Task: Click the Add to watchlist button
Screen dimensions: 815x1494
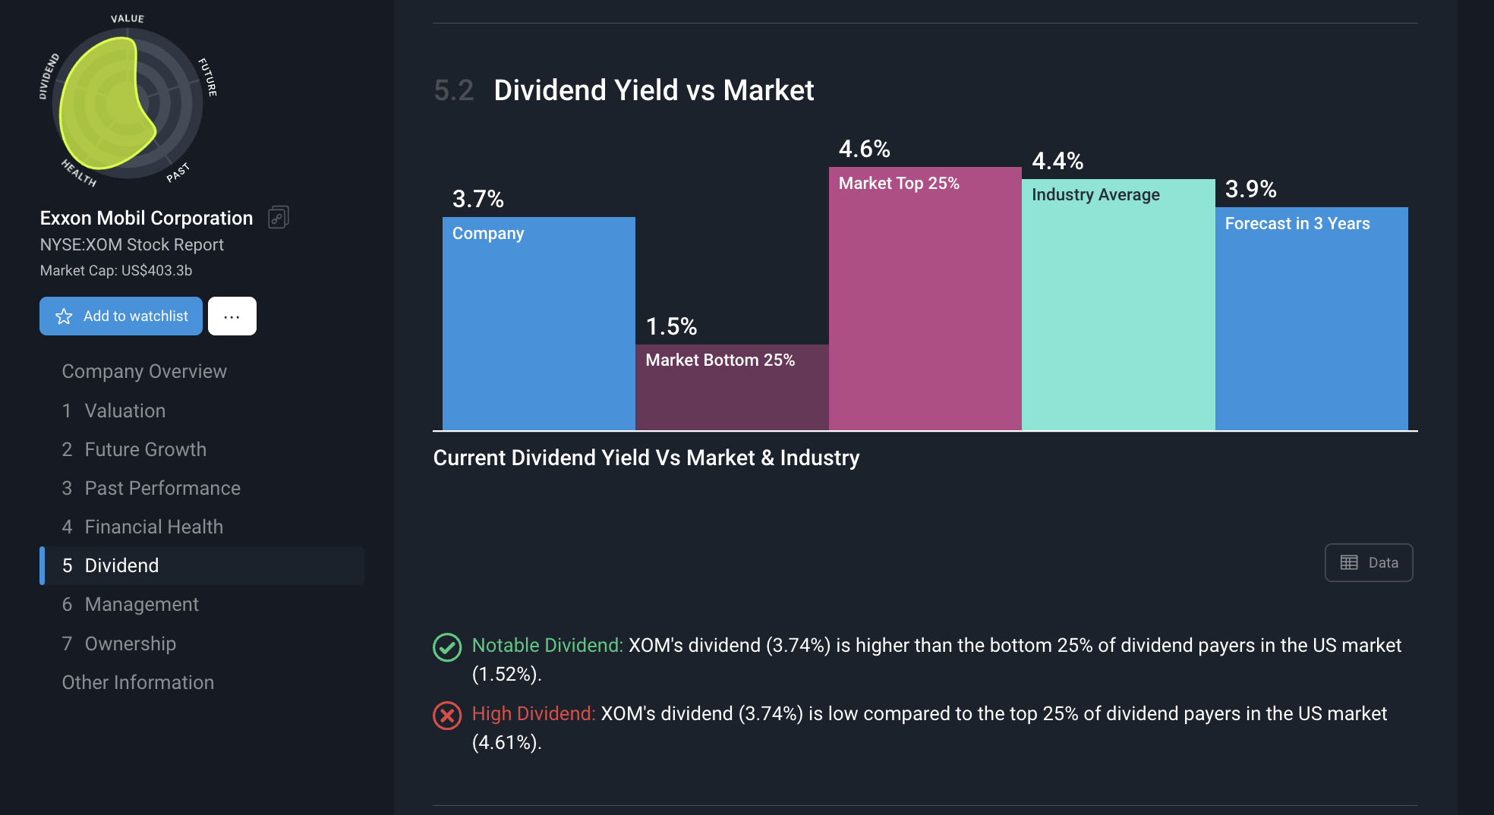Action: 121,316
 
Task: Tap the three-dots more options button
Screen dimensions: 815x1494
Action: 232,316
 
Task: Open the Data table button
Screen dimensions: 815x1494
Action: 1368,562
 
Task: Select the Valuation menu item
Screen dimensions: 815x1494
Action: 124,411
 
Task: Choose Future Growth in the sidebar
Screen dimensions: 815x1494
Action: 145,449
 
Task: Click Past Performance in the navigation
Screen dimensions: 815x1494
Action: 162,488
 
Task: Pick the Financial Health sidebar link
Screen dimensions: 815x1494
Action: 153,527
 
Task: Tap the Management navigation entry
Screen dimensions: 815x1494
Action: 141,604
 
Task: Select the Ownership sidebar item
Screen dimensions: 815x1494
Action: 130,644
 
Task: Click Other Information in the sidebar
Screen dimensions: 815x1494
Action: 137,682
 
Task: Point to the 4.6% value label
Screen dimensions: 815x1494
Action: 864,149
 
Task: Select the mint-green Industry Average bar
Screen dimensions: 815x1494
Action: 1117,319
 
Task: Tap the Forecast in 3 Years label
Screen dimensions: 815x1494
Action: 1297,223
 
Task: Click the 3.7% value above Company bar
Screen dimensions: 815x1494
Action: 478,199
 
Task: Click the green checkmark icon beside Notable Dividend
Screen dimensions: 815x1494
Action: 447,647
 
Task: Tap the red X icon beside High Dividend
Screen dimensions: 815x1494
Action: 447,716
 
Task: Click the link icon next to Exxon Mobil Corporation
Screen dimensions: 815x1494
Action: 279,218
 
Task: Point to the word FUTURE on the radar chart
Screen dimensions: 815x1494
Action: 207,77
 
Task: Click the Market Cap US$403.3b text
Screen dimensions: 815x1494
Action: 115,270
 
